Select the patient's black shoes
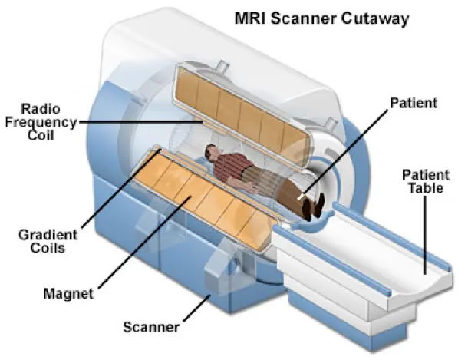(x=315, y=206)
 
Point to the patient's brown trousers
(x=283, y=190)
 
